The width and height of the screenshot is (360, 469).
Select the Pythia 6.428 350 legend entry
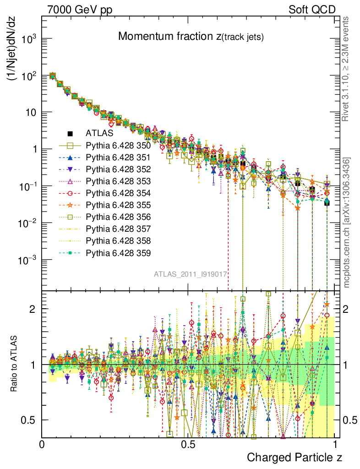coord(118,146)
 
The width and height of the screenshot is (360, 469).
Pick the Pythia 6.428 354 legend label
coord(118,193)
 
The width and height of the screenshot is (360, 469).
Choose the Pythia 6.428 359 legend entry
coord(118,253)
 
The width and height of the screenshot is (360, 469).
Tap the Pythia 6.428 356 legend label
coord(118,217)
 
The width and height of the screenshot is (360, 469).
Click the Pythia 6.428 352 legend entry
coord(118,169)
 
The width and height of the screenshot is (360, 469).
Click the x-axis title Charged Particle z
coord(295,457)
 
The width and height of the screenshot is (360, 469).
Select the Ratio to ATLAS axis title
coord(14,365)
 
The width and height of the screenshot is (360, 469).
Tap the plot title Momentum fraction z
coord(191,37)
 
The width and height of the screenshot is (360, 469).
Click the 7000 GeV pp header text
coord(79,9)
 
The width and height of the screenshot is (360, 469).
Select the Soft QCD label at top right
coord(312,9)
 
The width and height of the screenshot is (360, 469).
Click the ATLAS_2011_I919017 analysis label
coord(191,274)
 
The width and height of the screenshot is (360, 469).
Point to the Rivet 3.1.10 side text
coord(346,69)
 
